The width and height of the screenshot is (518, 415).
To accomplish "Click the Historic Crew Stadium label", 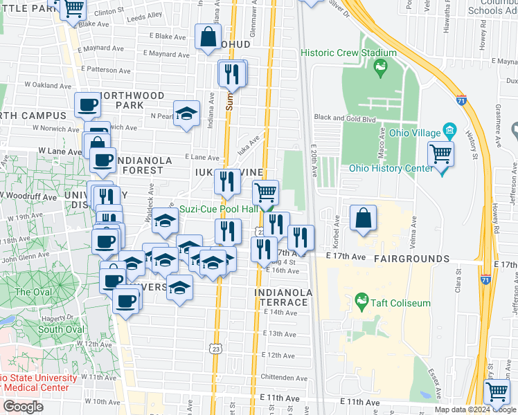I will (x=348, y=53).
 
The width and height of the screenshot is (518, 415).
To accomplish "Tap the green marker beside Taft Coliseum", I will (x=361, y=302).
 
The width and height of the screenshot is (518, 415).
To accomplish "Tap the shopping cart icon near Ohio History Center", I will (x=440, y=154).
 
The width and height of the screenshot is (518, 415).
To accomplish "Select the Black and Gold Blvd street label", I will (x=346, y=118).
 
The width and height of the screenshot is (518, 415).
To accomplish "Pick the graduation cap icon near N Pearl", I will (x=186, y=114).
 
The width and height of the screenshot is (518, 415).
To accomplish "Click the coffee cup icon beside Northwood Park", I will (x=87, y=105).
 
